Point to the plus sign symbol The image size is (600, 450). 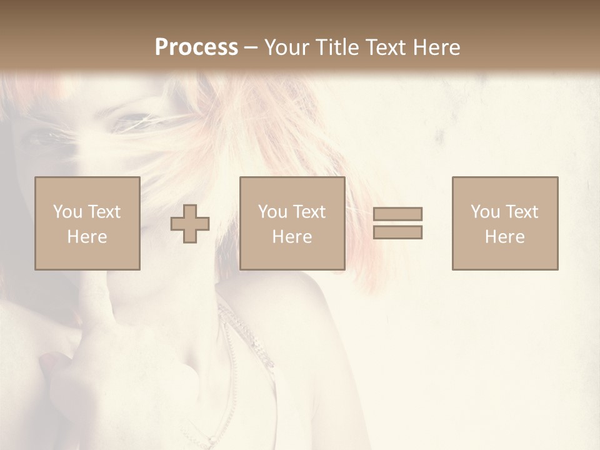[x=190, y=224]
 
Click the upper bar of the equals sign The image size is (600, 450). [x=397, y=214]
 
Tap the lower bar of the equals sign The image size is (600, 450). [x=397, y=232]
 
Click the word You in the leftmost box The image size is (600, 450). [x=67, y=212]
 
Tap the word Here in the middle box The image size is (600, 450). [x=292, y=237]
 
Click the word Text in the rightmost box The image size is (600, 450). [x=522, y=212]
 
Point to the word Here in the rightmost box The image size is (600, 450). [x=505, y=237]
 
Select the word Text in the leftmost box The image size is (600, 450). [x=104, y=212]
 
